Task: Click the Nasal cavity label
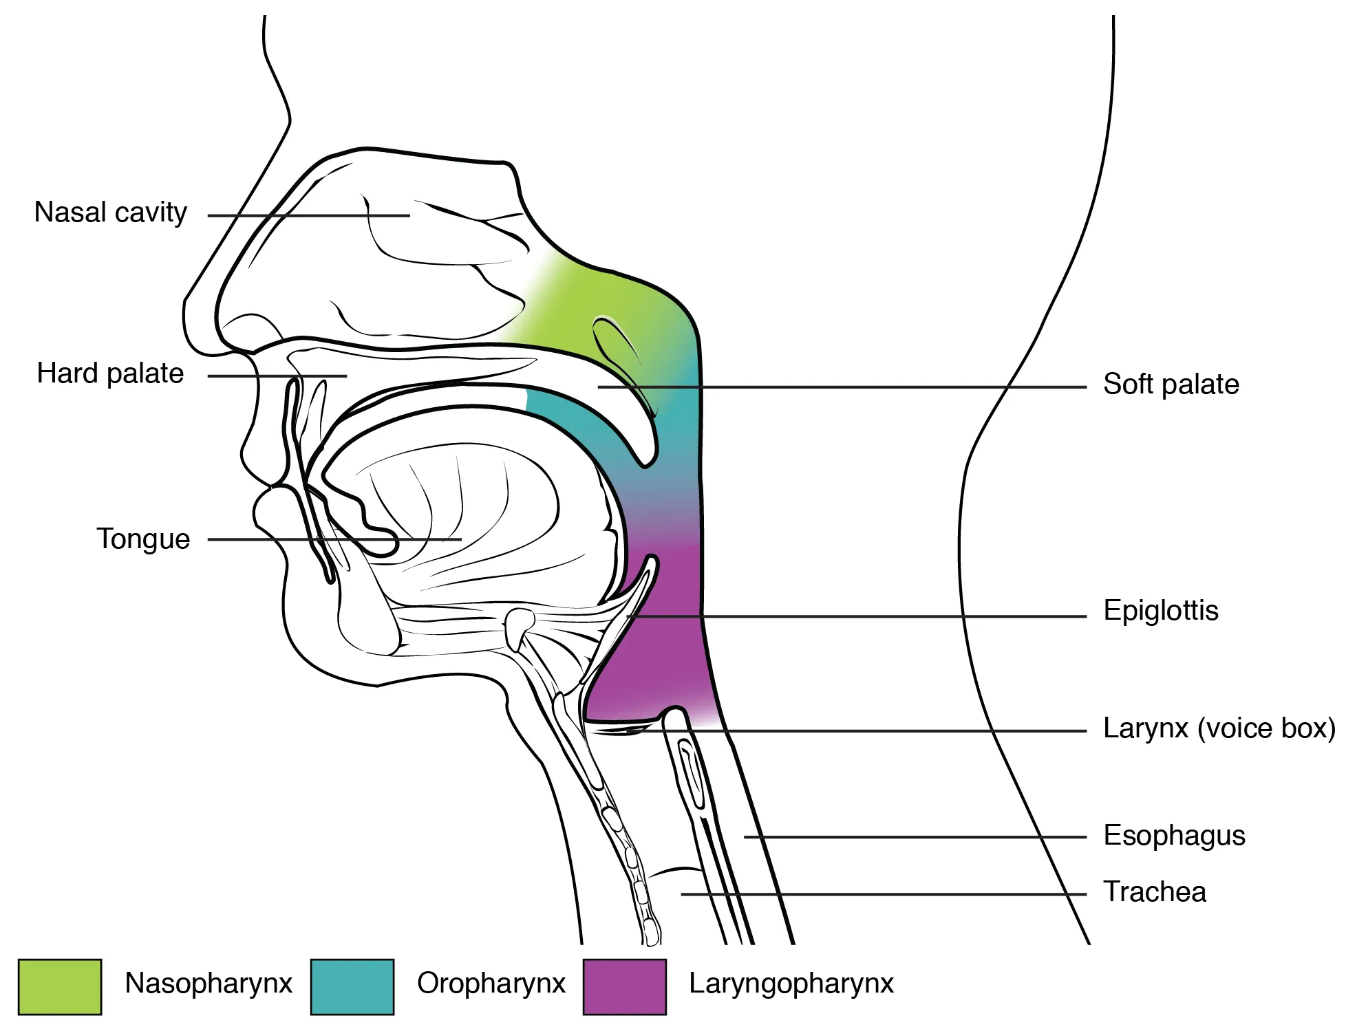[x=111, y=213]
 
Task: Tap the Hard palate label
[x=110, y=373]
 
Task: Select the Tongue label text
[x=143, y=539]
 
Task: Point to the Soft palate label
[x=1171, y=384]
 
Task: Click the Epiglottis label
[x=1161, y=611]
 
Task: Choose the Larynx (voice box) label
[x=1219, y=728]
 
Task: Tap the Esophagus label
[x=1174, y=836]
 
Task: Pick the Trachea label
[x=1155, y=892]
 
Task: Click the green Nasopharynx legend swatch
[x=60, y=987]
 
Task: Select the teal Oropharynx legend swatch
[x=352, y=987]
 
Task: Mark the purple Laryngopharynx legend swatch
[x=624, y=987]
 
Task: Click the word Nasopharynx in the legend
[x=209, y=984]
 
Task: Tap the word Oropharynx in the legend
[x=491, y=984]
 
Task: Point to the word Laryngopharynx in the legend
[x=791, y=984]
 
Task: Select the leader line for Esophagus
[x=915, y=837]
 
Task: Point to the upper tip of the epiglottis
[x=652, y=563]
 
